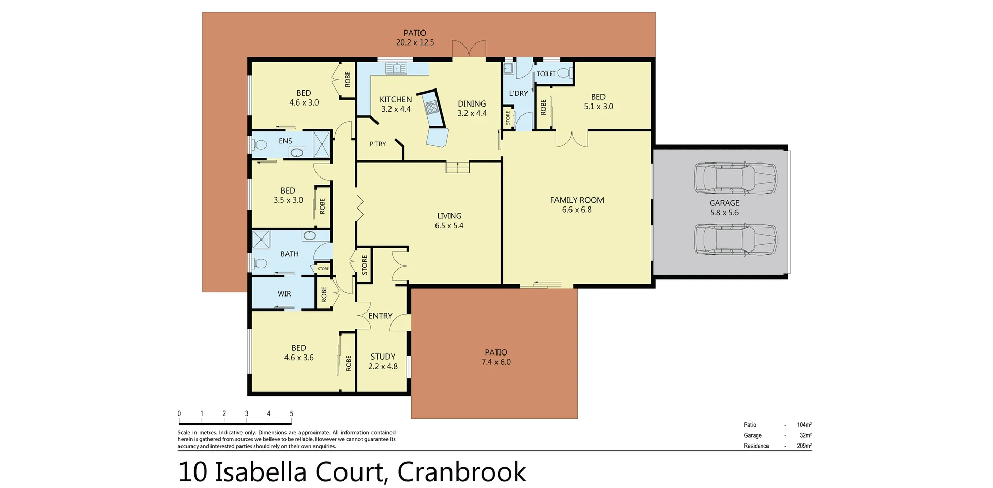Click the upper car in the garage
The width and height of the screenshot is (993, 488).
[735, 179]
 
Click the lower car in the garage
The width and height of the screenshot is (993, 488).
[735, 239]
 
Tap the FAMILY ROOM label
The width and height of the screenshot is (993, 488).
[577, 200]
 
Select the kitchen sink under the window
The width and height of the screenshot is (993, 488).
[396, 68]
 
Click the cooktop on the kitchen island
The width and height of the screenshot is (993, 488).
[431, 108]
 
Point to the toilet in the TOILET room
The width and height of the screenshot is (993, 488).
[564, 73]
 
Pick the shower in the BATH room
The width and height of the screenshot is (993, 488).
[262, 240]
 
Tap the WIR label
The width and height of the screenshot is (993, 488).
[284, 293]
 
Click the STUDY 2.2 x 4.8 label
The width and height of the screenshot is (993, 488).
[383, 361]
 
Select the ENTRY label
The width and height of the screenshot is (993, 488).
[380, 316]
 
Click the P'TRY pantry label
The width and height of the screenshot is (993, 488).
[378, 144]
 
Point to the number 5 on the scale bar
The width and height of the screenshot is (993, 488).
[292, 413]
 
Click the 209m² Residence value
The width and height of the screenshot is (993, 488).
[804, 446]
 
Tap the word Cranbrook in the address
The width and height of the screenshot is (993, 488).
[462, 471]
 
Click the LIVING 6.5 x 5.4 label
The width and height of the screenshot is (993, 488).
[449, 220]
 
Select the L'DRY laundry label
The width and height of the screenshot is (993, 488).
[518, 93]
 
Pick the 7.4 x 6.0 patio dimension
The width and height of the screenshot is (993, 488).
[496, 362]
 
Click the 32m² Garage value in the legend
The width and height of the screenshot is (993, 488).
[805, 435]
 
